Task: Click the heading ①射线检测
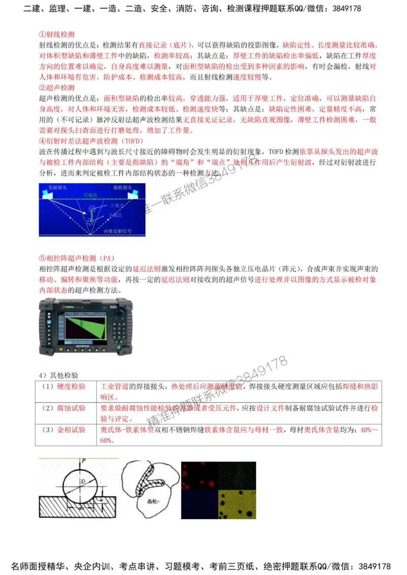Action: (x=56, y=35)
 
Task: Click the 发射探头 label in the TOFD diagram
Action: (x=57, y=188)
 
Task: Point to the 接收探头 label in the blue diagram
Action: (x=124, y=188)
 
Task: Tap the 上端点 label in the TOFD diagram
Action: (x=114, y=205)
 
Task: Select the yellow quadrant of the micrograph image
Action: (x=237, y=503)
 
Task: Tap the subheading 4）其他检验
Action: (x=59, y=375)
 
